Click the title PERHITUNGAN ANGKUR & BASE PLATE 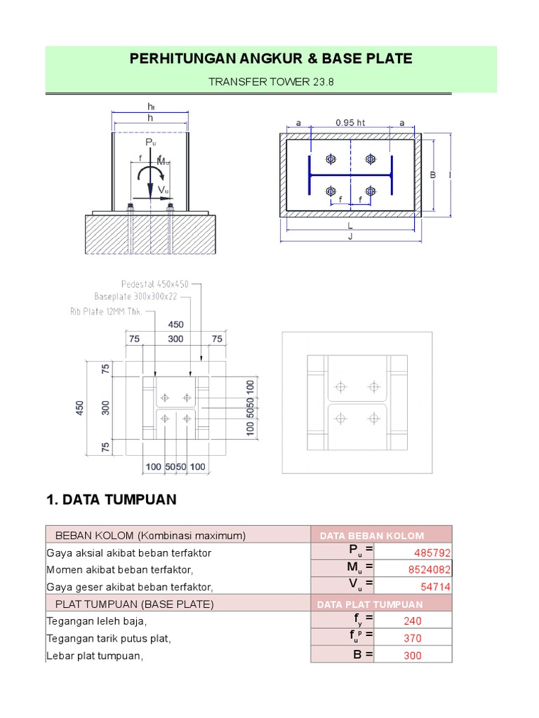click(x=271, y=58)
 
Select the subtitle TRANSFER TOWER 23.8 click(x=271, y=82)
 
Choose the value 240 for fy click(x=412, y=621)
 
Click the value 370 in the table click(x=412, y=638)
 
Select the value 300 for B click(x=412, y=656)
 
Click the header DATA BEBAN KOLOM click(x=372, y=536)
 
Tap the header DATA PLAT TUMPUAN click(x=370, y=604)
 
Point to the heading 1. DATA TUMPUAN click(x=111, y=500)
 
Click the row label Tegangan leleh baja click(x=98, y=621)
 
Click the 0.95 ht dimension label click(x=350, y=122)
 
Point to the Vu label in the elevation click(x=163, y=189)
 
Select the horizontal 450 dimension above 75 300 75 click(x=175, y=325)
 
